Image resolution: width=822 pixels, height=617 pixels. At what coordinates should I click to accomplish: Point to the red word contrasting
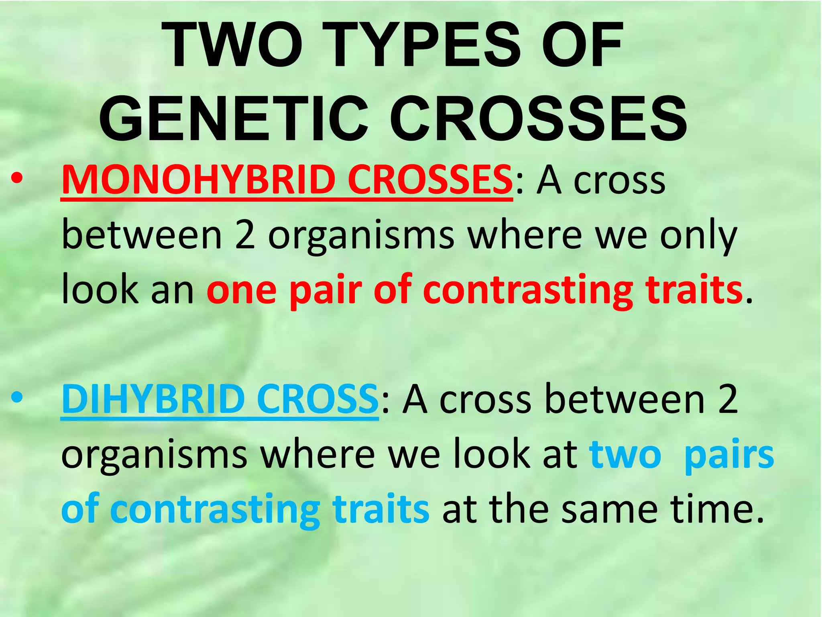pyautogui.click(x=528, y=291)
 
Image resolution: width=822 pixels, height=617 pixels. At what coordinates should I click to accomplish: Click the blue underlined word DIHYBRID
pyautogui.click(x=152, y=399)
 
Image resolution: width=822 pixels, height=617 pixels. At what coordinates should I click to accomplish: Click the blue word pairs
pyautogui.click(x=729, y=456)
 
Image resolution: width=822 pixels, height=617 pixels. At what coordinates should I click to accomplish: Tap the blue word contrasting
pyautogui.click(x=215, y=510)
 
